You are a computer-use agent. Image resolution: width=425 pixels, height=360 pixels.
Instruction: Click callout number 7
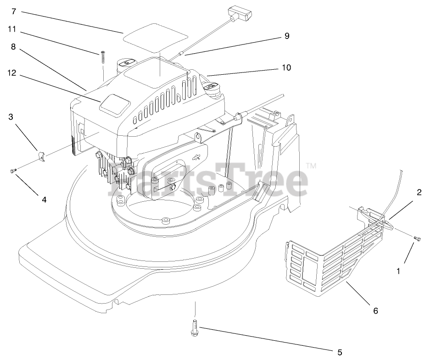(13, 11)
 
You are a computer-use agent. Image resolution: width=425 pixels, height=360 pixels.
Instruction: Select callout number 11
(12, 29)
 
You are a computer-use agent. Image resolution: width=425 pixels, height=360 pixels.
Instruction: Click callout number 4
(44, 199)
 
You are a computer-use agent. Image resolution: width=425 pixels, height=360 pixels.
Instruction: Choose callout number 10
(286, 67)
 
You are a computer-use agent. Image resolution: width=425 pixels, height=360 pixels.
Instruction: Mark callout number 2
(419, 193)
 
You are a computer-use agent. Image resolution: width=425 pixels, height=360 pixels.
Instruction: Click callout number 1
(398, 271)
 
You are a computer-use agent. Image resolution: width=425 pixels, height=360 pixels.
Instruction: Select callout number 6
(375, 310)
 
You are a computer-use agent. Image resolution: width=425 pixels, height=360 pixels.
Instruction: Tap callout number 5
(340, 352)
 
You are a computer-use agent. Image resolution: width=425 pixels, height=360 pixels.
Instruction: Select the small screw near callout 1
(417, 238)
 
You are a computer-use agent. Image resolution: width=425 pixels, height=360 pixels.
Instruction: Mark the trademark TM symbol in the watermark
(311, 166)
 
